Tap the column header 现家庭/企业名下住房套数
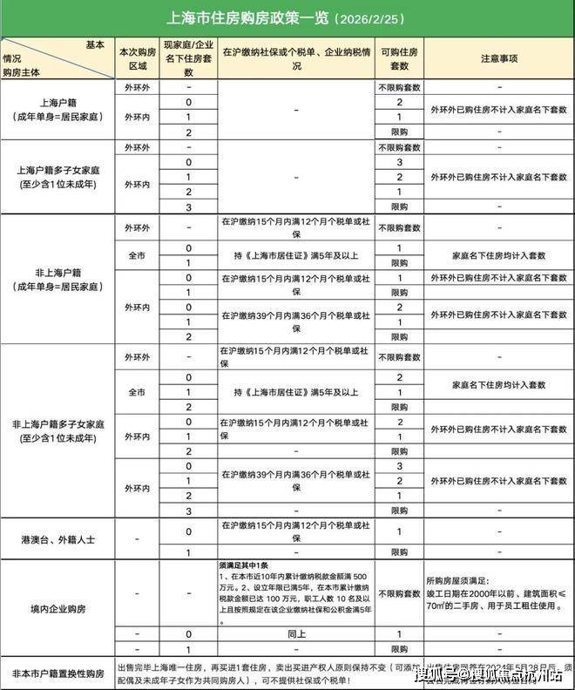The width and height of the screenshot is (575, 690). tap(189, 57)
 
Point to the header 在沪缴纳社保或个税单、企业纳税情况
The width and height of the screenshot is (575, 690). tap(296, 58)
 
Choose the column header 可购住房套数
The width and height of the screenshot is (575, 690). tap(399, 57)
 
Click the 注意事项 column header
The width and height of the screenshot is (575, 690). tap(499, 58)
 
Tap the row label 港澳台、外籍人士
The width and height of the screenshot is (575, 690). tap(58, 539)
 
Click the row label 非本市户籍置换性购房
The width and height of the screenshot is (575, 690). tap(58, 673)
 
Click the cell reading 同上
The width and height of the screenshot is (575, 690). tap(296, 634)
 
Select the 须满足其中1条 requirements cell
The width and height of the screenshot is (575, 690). tap(296, 594)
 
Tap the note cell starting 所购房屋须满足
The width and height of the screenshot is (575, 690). tap(499, 594)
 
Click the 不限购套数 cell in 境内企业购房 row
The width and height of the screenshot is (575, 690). tap(399, 594)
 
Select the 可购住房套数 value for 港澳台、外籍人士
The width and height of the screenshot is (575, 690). tap(399, 531)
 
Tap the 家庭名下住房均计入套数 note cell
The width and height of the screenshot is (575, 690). tap(499, 255)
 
